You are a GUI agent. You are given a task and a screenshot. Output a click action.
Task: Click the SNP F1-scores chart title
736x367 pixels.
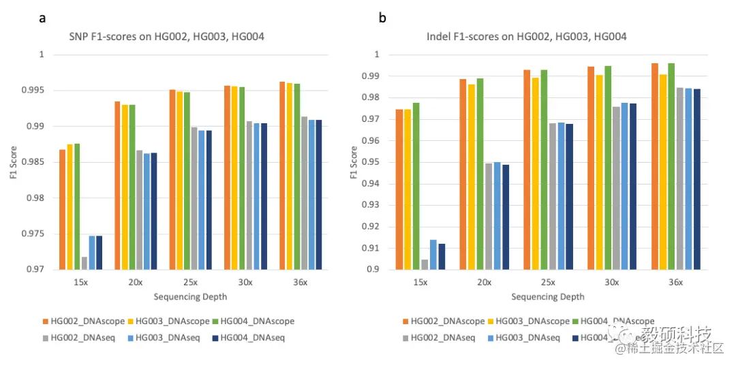point(168,36)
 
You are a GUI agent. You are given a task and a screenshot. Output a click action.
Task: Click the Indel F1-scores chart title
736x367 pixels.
point(526,36)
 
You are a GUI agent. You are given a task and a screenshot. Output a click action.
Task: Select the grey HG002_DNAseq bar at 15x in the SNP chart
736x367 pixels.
point(85,264)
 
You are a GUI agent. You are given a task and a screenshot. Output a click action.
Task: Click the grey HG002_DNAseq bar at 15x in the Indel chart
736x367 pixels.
point(425,265)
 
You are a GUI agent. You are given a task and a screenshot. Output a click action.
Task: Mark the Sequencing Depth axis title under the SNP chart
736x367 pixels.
point(190,297)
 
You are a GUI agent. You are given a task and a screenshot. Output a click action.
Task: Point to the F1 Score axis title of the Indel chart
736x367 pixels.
point(354,162)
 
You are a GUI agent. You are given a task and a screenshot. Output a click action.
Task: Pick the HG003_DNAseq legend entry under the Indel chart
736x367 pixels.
point(525,338)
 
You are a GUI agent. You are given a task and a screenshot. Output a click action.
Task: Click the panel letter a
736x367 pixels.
point(42,18)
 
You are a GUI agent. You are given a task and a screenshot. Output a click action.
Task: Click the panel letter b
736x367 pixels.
point(383,18)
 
